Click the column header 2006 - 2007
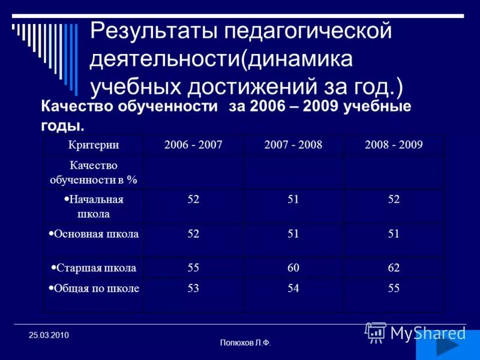tap(193, 145)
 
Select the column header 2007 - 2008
tap(293, 145)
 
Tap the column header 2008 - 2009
tap(394, 145)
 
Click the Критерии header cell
tap(93, 145)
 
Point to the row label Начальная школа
tap(93, 206)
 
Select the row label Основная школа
tap(94, 234)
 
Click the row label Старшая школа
tap(94, 268)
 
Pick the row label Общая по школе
tap(94, 288)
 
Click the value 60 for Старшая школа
tap(293, 268)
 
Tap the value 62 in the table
tap(394, 268)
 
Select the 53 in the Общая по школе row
tap(193, 288)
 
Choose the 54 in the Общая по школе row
tap(293, 288)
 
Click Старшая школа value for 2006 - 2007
tap(193, 268)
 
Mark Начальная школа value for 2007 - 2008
tap(293, 200)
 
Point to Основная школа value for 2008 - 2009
tap(394, 234)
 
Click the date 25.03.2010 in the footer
tap(49, 335)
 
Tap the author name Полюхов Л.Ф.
tap(245, 343)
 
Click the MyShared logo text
tap(428, 333)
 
